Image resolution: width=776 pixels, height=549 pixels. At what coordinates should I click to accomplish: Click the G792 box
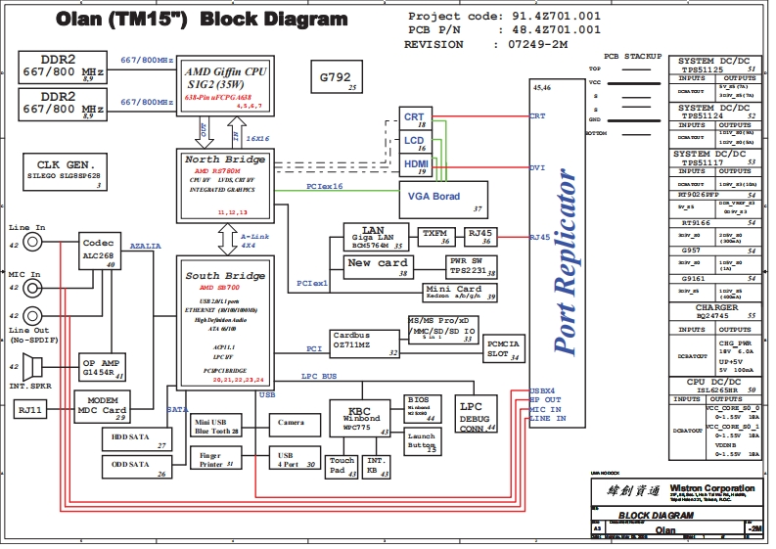tap(338, 78)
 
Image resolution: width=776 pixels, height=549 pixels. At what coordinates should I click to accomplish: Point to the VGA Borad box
tap(444, 200)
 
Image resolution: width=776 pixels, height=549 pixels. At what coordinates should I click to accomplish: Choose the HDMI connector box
tap(415, 166)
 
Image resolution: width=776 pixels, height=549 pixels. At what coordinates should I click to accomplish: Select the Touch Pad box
tap(342, 466)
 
